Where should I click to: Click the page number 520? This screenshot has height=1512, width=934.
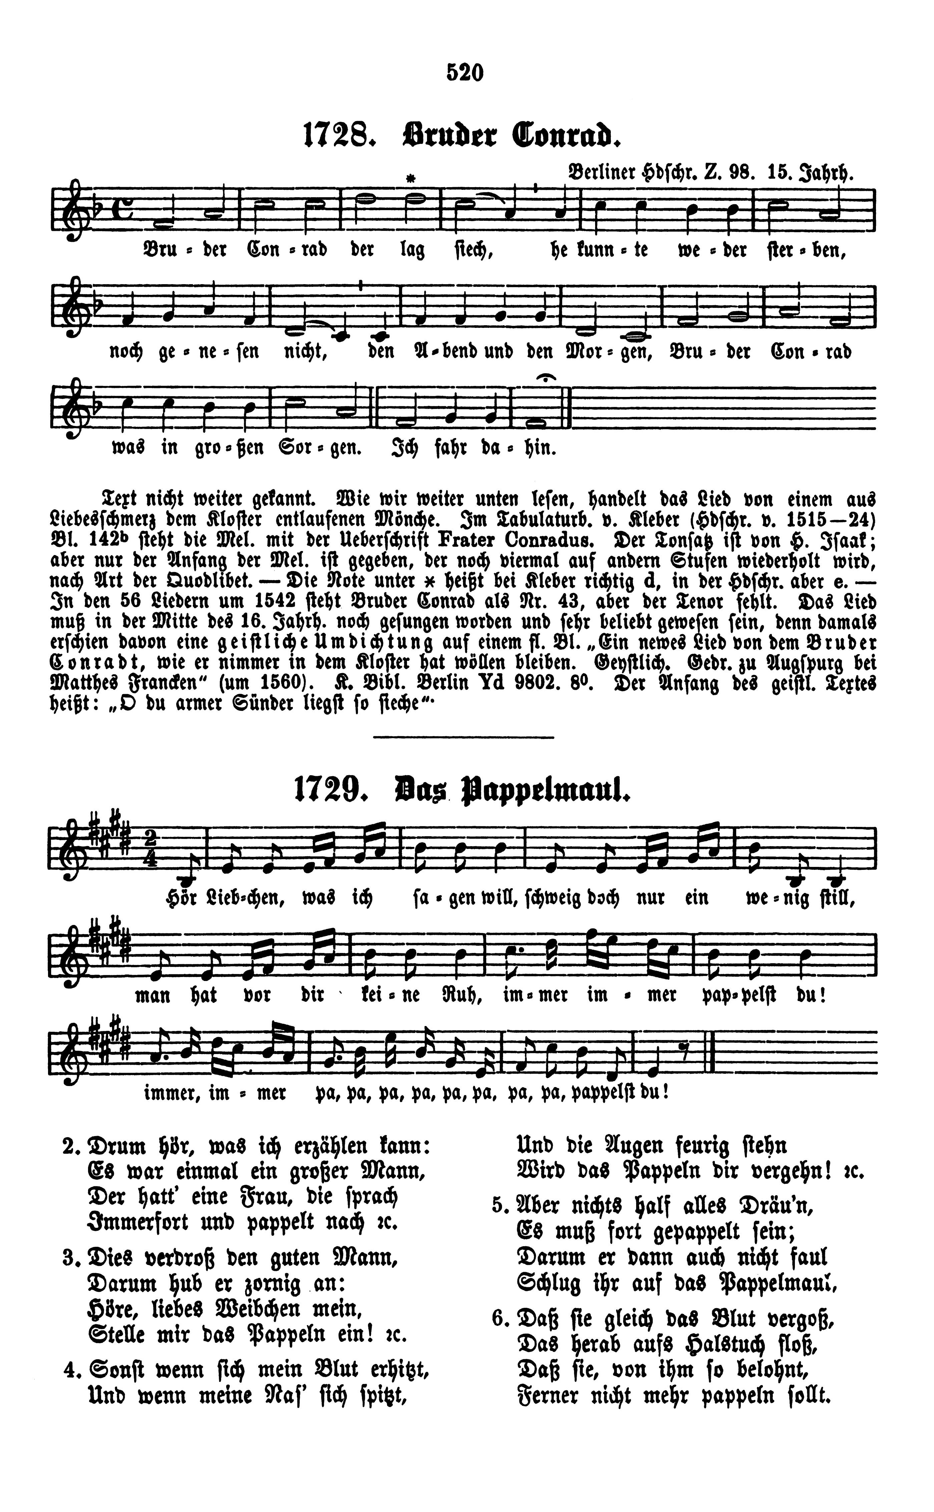(x=465, y=73)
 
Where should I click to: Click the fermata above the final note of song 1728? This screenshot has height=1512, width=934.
(x=548, y=377)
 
